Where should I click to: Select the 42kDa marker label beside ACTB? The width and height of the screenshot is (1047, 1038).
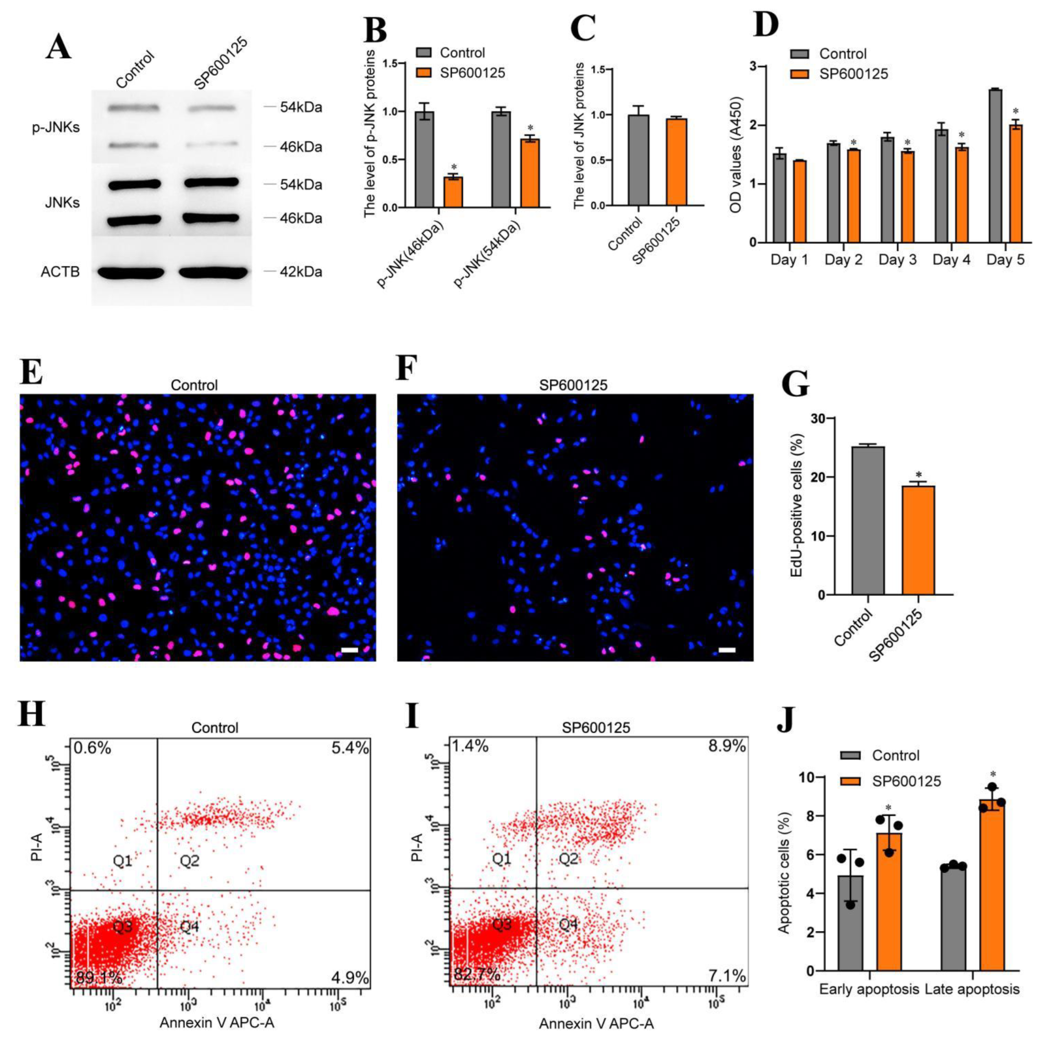click(x=300, y=272)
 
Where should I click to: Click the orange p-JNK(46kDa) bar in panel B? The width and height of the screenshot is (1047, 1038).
click(x=453, y=192)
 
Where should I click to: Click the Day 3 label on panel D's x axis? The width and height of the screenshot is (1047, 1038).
click(x=897, y=260)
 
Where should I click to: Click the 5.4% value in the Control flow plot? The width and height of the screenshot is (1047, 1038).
click(x=349, y=749)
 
